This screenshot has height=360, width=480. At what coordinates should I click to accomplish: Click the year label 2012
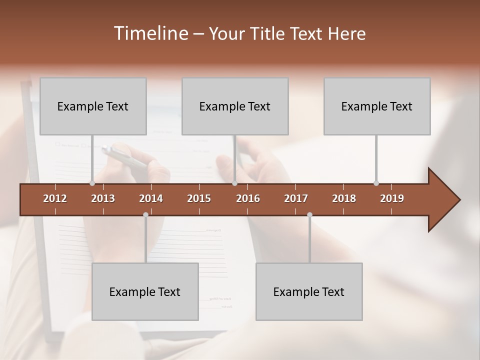click(55, 198)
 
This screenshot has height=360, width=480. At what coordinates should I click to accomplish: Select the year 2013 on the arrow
click(103, 198)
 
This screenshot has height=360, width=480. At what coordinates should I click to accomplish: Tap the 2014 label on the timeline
click(151, 198)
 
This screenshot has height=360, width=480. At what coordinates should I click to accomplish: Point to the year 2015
click(199, 198)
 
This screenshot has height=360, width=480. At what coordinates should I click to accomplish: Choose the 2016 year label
click(248, 198)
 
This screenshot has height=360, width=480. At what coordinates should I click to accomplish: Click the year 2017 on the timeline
click(296, 198)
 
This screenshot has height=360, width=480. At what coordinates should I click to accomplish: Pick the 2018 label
click(344, 198)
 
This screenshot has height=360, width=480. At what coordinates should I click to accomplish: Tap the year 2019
click(392, 198)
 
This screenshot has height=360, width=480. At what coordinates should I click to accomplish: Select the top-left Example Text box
click(93, 106)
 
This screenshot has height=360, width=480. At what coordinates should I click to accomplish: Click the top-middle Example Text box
click(235, 106)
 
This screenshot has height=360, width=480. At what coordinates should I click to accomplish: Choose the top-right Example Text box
click(377, 106)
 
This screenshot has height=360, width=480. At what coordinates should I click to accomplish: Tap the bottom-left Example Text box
click(145, 291)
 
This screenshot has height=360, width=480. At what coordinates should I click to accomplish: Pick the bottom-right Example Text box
click(309, 291)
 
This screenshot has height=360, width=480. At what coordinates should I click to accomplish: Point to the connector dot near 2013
click(92, 183)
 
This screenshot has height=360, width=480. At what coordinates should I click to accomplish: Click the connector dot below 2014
click(145, 215)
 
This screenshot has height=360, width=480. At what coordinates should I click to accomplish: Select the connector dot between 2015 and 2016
click(234, 183)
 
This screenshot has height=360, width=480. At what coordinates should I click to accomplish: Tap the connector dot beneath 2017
click(309, 215)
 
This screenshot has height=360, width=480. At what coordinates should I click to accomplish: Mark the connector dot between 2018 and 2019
click(376, 183)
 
